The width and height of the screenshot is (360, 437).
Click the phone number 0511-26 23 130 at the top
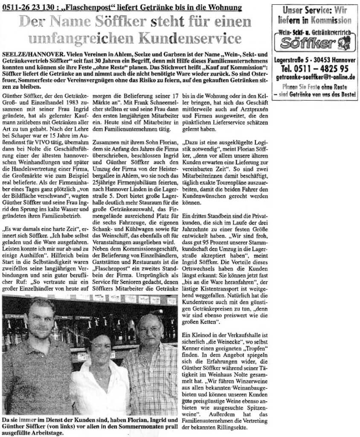click(x=29, y=7)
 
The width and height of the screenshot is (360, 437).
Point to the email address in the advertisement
click(x=315, y=77)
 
